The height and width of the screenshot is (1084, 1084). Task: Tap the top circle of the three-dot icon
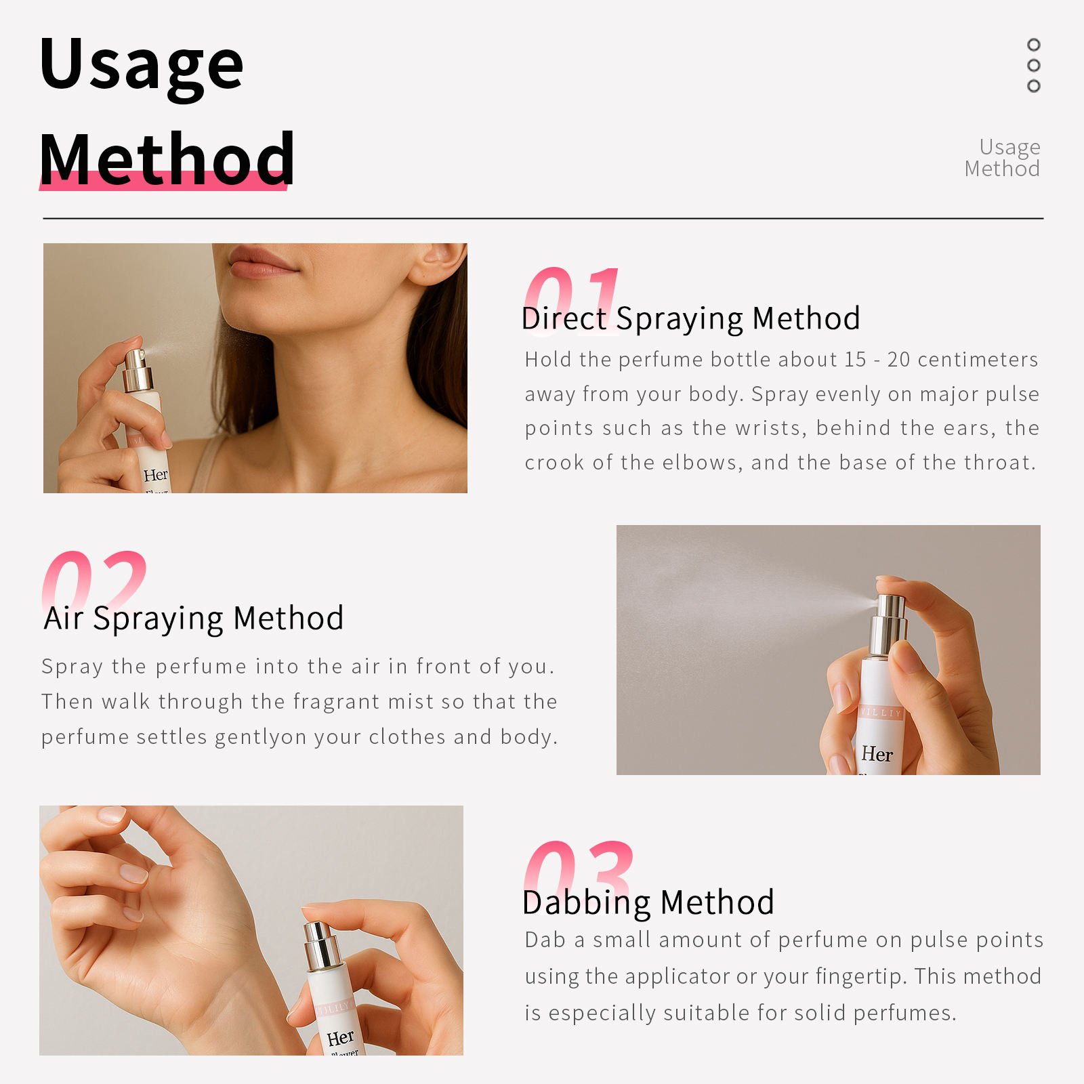[1033, 45]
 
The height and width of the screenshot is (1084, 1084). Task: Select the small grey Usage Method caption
[1003, 157]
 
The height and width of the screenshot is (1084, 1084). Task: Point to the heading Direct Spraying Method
[691, 318]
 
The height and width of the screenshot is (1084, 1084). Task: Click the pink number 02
[94, 583]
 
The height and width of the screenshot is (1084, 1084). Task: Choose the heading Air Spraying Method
[194, 619]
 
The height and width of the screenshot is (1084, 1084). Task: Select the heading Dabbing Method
[648, 902]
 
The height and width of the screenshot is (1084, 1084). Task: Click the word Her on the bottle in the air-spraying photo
[877, 754]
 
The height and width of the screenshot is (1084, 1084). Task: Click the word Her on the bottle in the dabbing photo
[340, 1038]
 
